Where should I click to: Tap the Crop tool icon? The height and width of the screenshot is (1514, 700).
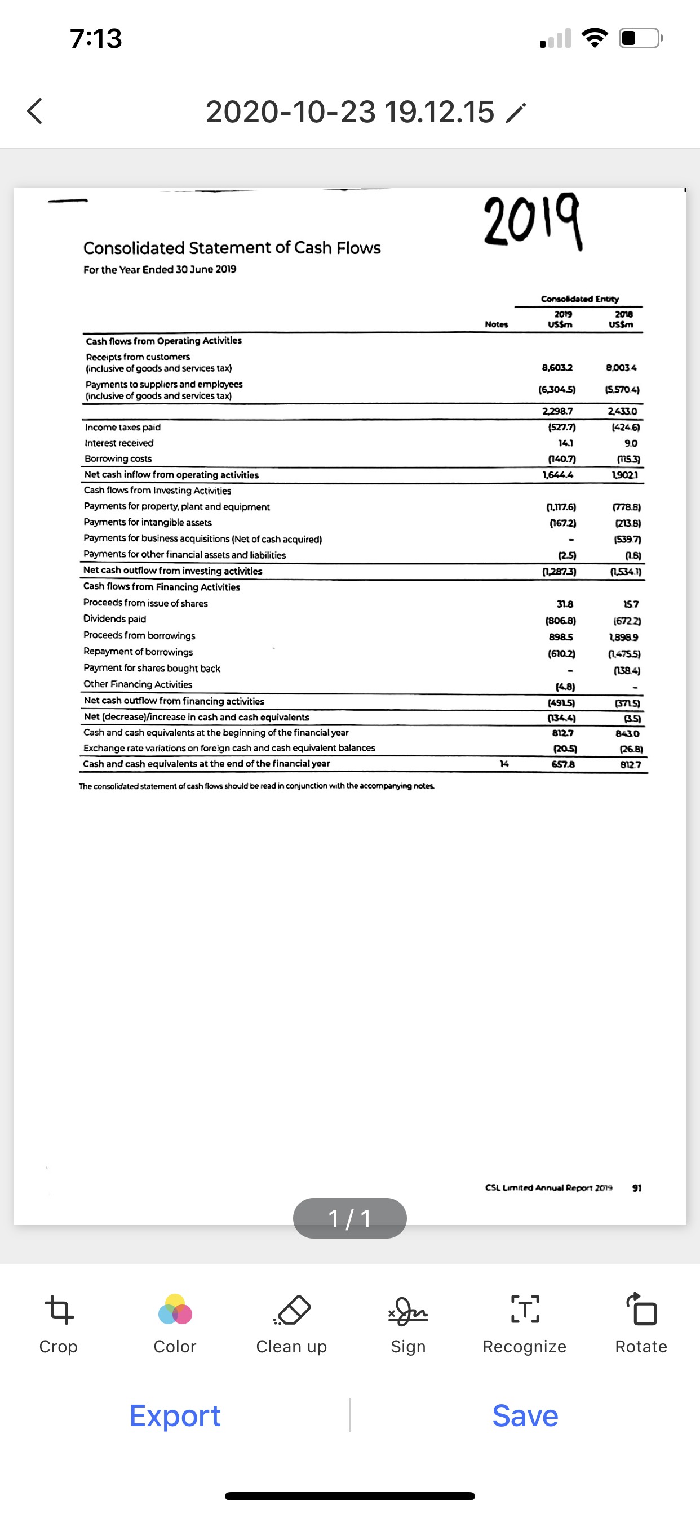pyautogui.click(x=59, y=1310)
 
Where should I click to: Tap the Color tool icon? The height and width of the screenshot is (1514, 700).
pyautogui.click(x=175, y=1309)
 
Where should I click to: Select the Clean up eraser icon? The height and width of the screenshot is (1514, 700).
pyautogui.click(x=293, y=1310)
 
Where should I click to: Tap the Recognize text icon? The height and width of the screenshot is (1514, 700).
pyautogui.click(x=524, y=1310)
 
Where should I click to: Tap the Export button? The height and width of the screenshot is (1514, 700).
pyautogui.click(x=175, y=1415)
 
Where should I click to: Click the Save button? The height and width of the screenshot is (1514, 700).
pyautogui.click(x=525, y=1415)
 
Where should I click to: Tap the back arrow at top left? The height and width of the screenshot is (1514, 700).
pyautogui.click(x=36, y=111)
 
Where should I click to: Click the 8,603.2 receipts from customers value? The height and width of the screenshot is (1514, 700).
pyautogui.click(x=557, y=368)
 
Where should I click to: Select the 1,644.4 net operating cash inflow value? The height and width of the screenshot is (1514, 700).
pyautogui.click(x=558, y=474)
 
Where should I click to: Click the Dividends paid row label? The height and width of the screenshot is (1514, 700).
pyautogui.click(x=115, y=619)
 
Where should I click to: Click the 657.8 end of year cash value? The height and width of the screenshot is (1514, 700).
pyautogui.click(x=563, y=764)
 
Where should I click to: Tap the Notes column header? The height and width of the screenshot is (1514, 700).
pyautogui.click(x=497, y=324)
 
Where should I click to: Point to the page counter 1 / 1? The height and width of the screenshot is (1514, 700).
pyautogui.click(x=349, y=1218)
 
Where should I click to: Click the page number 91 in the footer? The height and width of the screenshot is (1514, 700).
pyautogui.click(x=636, y=1188)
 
